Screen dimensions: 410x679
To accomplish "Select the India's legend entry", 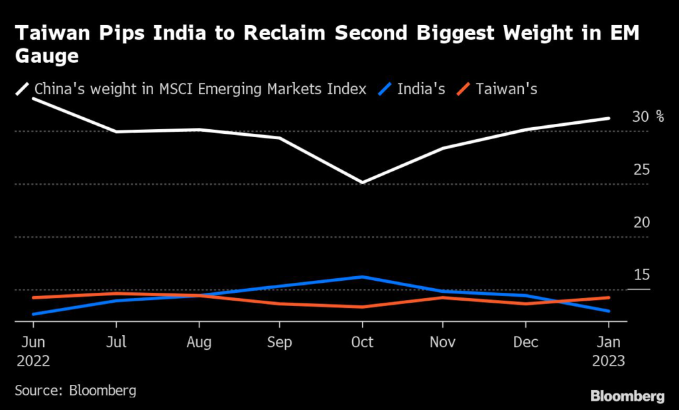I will point(420,89).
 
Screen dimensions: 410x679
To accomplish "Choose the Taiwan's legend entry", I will point(506,89).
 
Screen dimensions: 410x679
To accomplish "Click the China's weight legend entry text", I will point(200,89).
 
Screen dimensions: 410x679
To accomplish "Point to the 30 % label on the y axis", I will point(648,117).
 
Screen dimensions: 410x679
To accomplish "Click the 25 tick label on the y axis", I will point(641,170).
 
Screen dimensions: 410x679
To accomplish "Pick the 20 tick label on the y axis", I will point(641,223).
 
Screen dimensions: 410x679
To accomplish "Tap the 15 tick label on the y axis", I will point(641,275).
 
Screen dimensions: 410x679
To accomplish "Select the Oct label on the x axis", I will point(362,342).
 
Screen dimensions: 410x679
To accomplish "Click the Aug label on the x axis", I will point(199,342).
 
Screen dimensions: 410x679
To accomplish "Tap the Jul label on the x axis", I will point(117,342).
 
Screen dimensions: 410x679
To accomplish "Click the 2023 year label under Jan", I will point(609,361).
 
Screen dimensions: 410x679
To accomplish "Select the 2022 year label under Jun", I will point(33,361).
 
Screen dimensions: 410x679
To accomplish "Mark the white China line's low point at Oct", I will point(362,182).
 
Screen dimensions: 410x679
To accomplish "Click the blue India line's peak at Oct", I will point(362,277).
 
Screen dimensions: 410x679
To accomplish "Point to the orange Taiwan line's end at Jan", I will point(609,297).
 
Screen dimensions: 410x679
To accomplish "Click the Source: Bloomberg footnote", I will point(76,390).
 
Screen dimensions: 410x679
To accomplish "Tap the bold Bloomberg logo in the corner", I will point(627,396).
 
